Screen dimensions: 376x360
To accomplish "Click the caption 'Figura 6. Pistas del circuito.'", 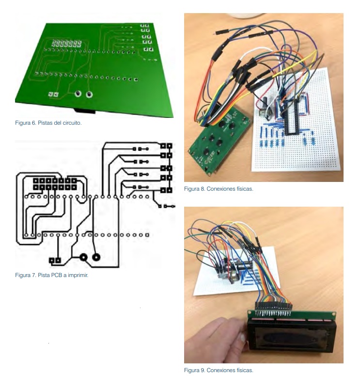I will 48,123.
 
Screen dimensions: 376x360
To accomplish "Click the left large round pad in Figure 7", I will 83,258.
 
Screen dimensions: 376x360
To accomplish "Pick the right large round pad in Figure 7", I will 96,258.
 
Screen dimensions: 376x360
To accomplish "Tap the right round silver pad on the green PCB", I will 89,95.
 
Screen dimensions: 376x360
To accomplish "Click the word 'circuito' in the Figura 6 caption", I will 71,123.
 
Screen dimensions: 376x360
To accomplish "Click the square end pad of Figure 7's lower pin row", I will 147,235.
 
